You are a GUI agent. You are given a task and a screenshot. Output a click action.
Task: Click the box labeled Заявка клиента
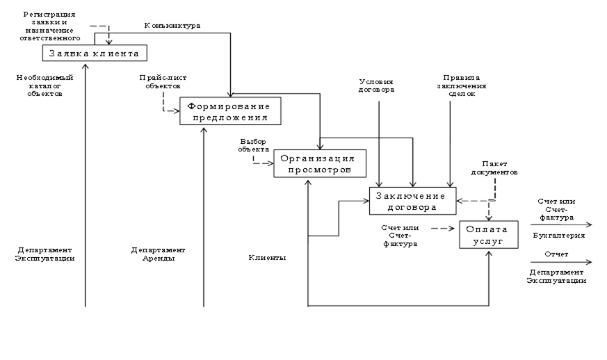[x=96, y=53]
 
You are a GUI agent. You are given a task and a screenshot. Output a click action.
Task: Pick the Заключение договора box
[x=412, y=200]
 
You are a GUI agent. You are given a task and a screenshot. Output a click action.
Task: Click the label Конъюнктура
[x=172, y=26]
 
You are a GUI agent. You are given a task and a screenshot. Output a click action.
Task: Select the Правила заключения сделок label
[x=462, y=85]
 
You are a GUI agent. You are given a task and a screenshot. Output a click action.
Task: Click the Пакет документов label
[x=496, y=167]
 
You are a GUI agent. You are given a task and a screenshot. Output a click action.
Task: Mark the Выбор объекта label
[x=252, y=145]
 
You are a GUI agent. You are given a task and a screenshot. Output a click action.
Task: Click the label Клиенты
[x=268, y=258]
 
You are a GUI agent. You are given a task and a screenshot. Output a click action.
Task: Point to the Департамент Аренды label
[x=158, y=254]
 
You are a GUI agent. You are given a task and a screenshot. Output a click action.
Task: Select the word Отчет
[x=556, y=254]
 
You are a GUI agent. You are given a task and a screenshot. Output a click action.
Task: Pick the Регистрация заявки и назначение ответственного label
[x=49, y=26]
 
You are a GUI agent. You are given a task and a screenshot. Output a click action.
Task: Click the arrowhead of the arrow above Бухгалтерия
[x=589, y=225]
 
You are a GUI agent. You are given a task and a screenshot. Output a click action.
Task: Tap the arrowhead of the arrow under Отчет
[x=589, y=263]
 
